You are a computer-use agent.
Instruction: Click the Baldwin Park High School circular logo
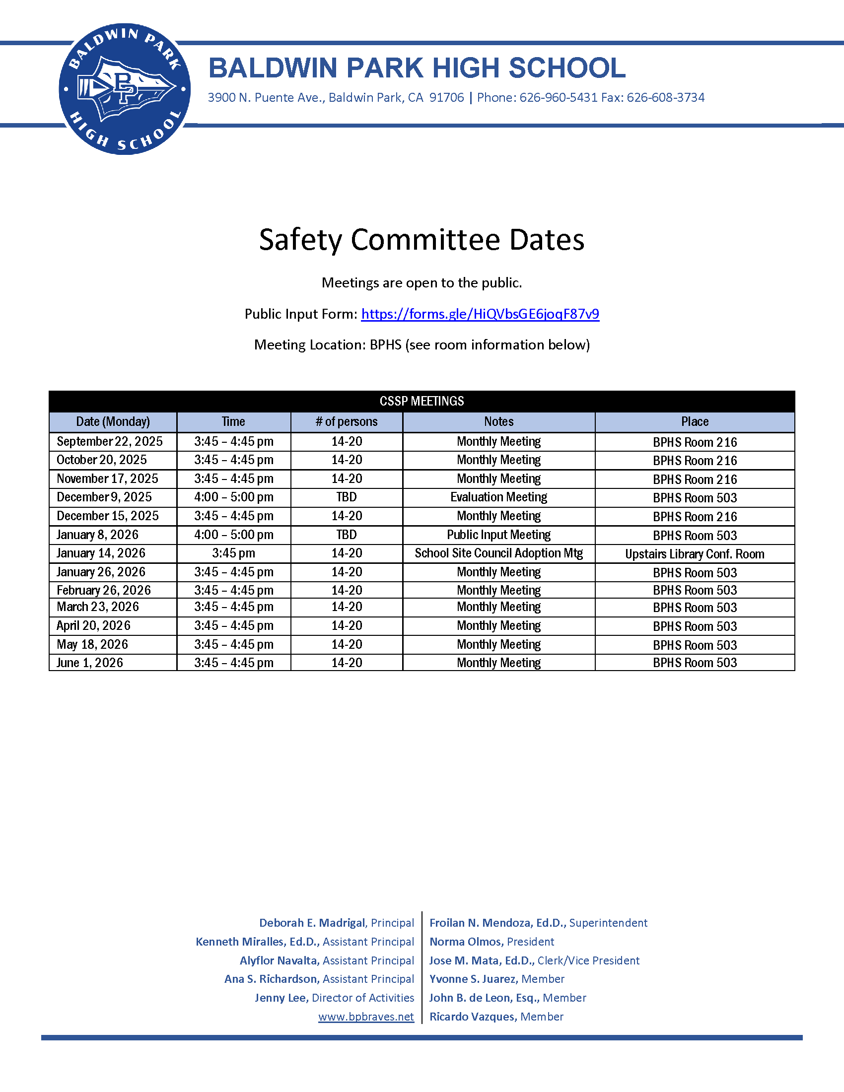coord(125,89)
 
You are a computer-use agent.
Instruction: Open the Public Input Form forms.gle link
coord(480,314)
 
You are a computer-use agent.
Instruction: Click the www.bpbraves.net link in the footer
coord(366,1017)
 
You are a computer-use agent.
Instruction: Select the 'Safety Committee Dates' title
coord(422,240)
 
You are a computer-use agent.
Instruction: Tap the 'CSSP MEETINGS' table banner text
coord(422,401)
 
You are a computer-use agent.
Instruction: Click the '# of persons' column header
coord(347,421)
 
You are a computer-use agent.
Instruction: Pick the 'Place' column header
coord(695,421)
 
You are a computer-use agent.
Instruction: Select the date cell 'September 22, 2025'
coord(110,441)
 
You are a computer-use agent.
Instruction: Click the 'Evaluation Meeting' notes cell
coord(498,497)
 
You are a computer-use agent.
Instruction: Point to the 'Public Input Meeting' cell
coord(498,535)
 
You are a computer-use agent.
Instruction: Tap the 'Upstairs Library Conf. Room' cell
coord(695,554)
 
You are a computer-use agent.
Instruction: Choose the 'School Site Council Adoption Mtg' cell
coord(498,553)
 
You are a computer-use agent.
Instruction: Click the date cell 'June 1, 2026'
coord(89,663)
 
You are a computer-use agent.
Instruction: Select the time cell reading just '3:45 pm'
coord(233,553)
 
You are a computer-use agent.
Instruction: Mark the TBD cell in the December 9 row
coord(347,497)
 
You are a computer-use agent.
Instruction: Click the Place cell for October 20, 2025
coord(695,461)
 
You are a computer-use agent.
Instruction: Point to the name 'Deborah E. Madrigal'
coord(312,923)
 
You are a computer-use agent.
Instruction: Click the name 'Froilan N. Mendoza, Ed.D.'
coord(497,923)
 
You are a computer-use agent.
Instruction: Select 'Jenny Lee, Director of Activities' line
coord(334,998)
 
